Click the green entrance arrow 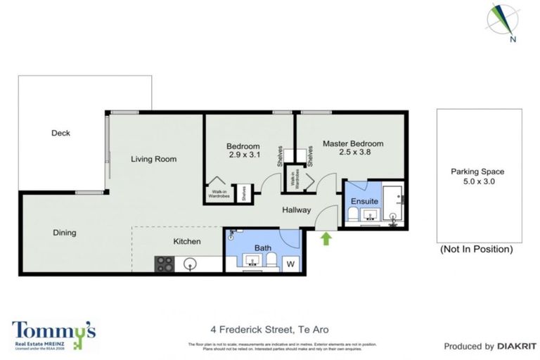click(x=326, y=239)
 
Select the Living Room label click(x=153, y=159)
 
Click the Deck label click(x=60, y=133)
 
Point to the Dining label click(x=65, y=233)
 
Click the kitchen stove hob click(x=165, y=264)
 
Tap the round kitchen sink click(x=190, y=264)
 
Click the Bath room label click(x=262, y=247)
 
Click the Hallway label click(x=296, y=210)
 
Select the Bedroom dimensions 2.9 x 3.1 click(x=244, y=155)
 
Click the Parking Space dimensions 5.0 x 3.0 click(x=478, y=181)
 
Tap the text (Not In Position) click(x=476, y=249)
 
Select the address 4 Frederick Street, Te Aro click(x=269, y=329)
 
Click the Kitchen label click(x=188, y=242)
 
